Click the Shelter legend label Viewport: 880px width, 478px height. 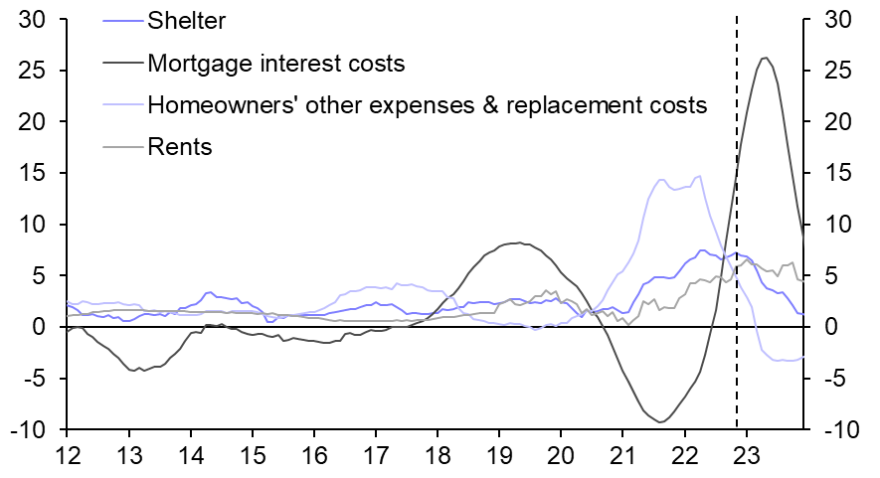pyautogui.click(x=184, y=20)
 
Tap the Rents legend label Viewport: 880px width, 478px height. pyautogui.click(x=179, y=147)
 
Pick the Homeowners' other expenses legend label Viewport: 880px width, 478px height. pyautogui.click(x=427, y=105)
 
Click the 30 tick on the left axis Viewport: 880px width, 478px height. pyautogui.click(x=36, y=19)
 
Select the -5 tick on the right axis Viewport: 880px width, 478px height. pyautogui.click(x=833, y=379)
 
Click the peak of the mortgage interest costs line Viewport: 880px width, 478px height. pyautogui.click(x=764, y=58)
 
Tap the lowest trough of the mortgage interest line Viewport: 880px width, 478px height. pyautogui.click(x=658, y=422)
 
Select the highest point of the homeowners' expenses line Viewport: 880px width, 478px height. pyautogui.click(x=700, y=176)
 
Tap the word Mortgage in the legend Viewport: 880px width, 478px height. pyautogui.click(x=190, y=64)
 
